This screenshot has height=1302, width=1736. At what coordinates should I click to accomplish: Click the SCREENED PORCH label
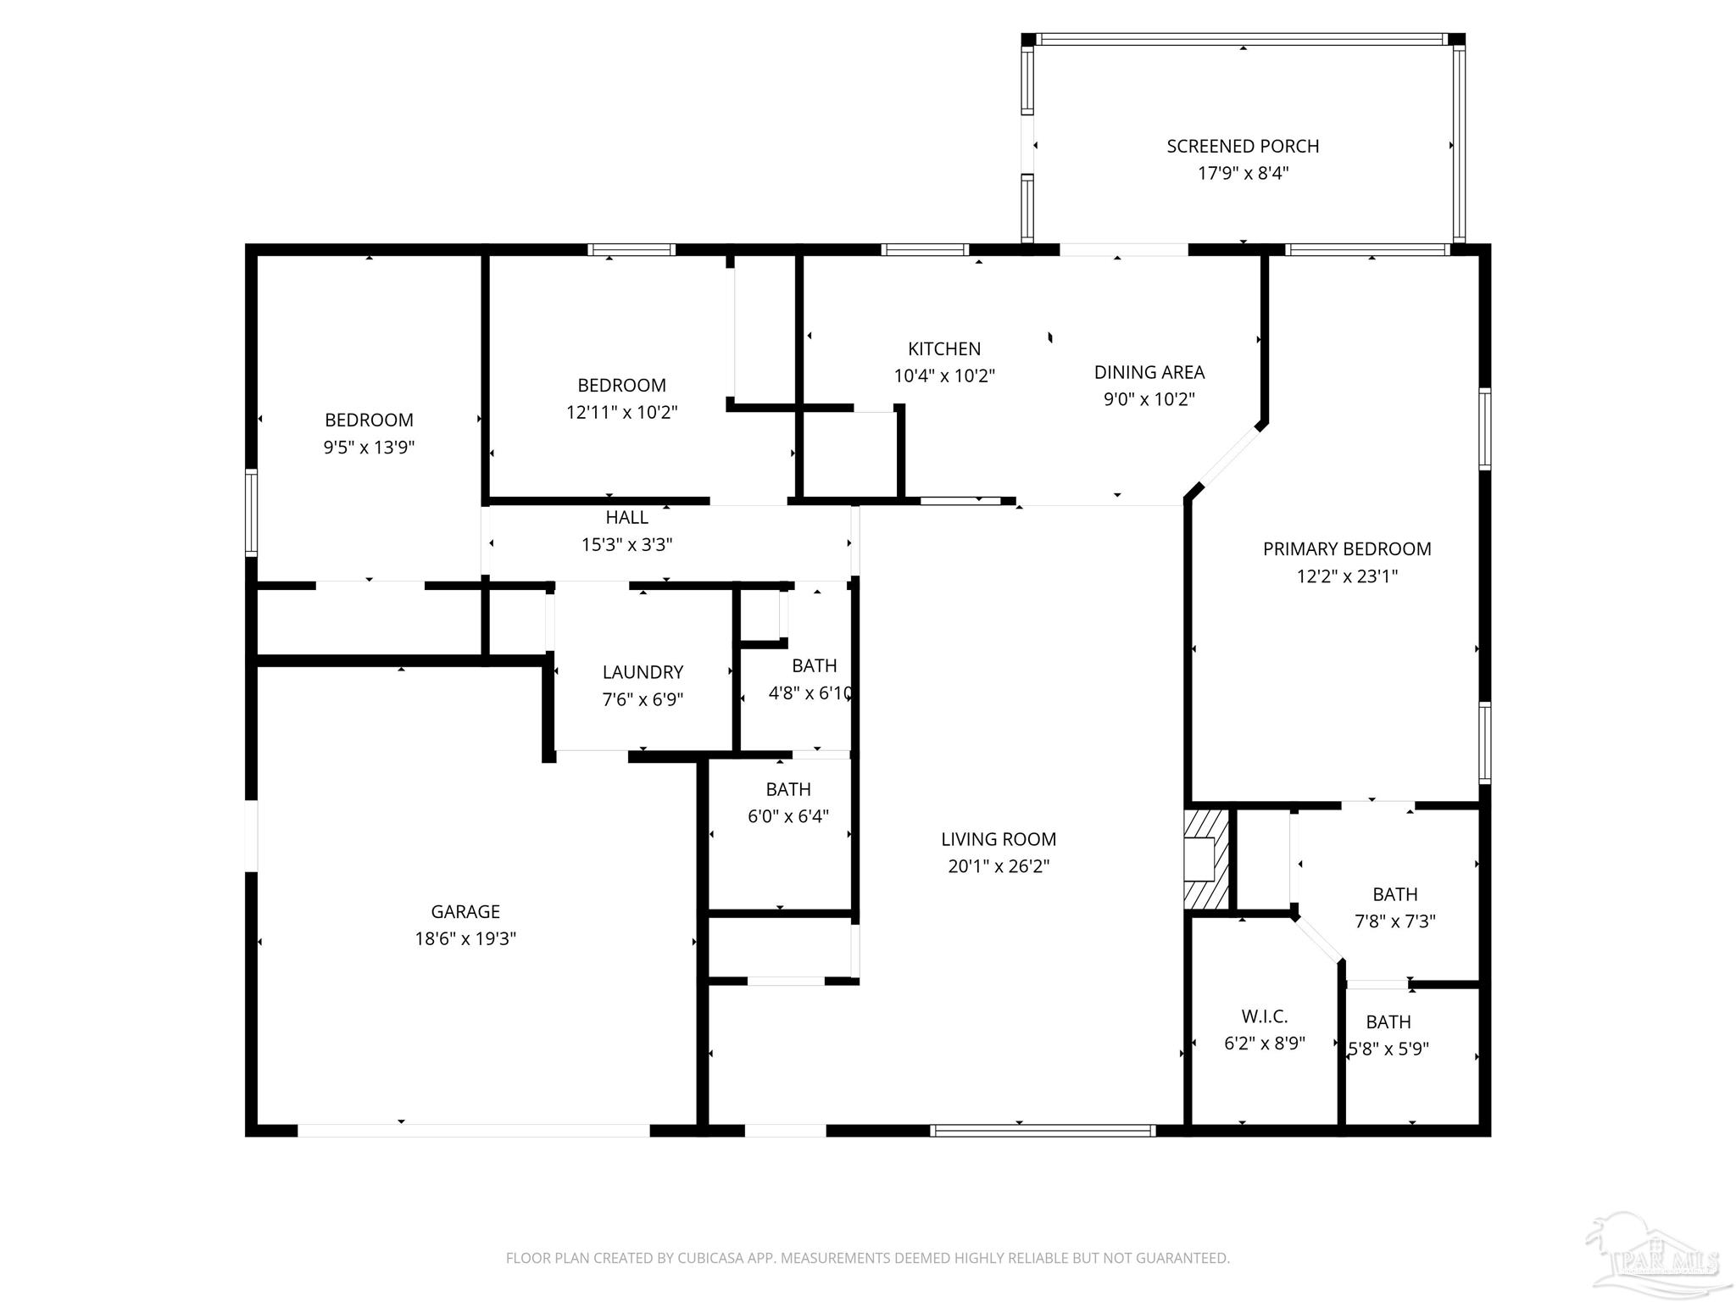1243,146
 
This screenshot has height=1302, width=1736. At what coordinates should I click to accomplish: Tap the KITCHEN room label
944,348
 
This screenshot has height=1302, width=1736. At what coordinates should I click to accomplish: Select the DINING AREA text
1149,372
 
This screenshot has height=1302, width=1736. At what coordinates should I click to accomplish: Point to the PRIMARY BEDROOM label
1347,548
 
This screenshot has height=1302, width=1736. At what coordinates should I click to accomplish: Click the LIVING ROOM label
999,839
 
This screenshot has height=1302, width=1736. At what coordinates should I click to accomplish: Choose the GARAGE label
465,911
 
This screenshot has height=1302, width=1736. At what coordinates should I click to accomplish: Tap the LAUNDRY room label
643,672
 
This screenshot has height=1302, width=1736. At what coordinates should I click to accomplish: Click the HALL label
627,517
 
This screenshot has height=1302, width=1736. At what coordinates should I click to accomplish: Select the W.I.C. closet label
1265,1016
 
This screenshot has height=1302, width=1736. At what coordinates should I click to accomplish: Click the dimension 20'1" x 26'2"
999,866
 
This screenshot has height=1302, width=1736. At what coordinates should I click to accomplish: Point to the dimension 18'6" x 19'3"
465,938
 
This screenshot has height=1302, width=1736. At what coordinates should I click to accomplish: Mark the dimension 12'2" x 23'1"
1347,576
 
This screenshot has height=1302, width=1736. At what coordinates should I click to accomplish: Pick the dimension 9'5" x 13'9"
369,447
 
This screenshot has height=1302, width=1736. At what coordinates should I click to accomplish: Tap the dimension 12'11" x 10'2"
622,412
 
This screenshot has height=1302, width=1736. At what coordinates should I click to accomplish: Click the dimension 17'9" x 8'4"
1243,173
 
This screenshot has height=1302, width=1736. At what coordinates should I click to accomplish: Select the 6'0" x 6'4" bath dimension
788,816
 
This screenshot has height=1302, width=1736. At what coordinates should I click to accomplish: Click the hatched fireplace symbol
1206,860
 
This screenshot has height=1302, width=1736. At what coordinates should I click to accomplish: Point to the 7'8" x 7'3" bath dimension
1395,921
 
